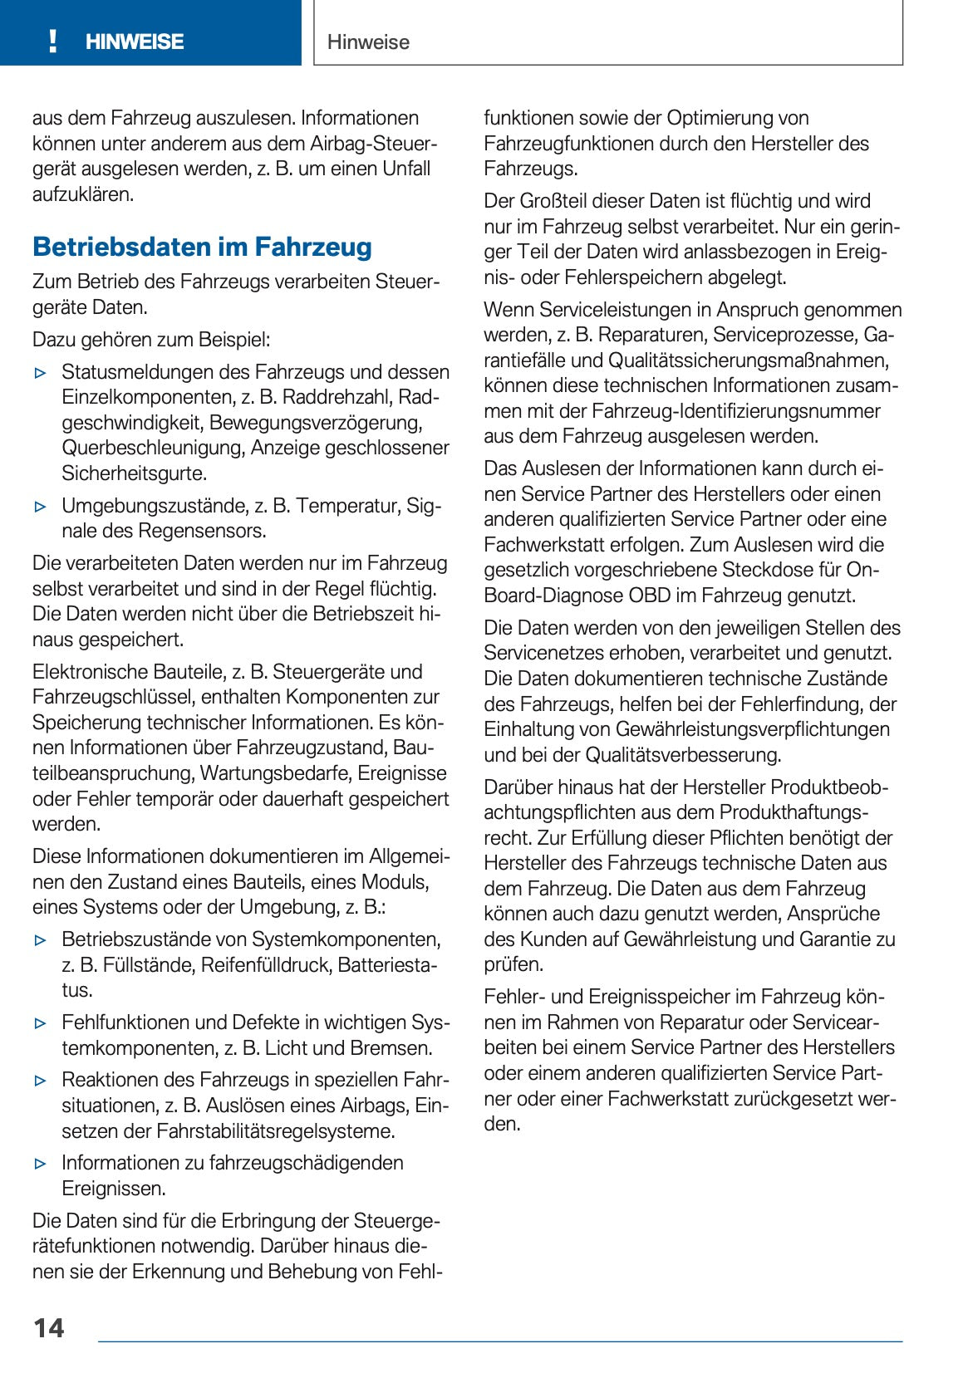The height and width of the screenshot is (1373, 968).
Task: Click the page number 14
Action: [x=49, y=1327]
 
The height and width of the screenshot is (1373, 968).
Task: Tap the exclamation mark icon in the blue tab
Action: [x=53, y=42]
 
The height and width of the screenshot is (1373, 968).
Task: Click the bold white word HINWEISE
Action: [x=135, y=42]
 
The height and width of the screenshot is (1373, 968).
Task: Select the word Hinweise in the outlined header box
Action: [x=368, y=42]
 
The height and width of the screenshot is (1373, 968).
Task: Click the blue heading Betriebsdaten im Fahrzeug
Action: [x=202, y=247]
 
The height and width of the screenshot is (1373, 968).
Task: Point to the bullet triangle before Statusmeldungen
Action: [x=41, y=373]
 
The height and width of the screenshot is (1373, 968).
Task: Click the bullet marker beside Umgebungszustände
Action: [x=41, y=506]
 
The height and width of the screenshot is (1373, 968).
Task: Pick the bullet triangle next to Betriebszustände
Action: [x=41, y=940]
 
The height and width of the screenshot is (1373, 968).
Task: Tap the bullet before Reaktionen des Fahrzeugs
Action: [x=41, y=1081]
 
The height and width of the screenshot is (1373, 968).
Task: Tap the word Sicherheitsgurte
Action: [x=135, y=473]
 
